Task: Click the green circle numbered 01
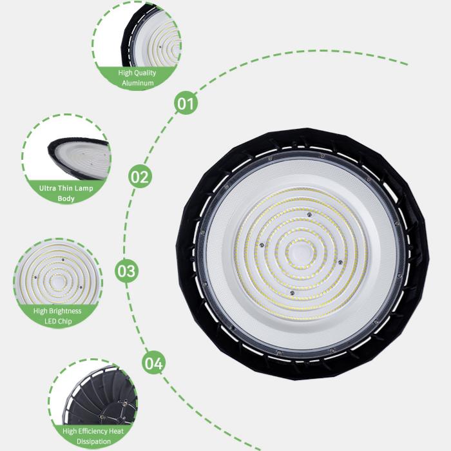[186, 102]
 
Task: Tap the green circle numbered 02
[140, 175]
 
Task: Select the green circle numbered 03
[126, 271]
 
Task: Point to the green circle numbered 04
[153, 363]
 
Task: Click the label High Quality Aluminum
[137, 78]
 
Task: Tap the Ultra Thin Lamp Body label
[66, 194]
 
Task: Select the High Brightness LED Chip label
[57, 316]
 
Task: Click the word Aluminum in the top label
[137, 84]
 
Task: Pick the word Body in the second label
[66, 199]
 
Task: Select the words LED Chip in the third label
[57, 321]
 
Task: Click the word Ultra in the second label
[46, 189]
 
